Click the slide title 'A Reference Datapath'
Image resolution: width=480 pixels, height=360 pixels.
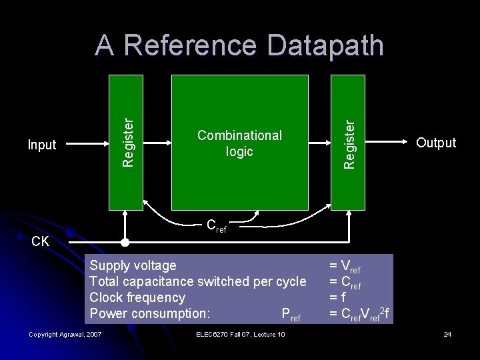[239, 46]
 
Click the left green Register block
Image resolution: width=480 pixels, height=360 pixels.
[126, 142]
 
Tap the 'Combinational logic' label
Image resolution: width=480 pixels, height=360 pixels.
[239, 143]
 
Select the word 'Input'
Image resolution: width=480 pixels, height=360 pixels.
[41, 145]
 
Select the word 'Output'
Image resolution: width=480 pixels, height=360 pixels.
[436, 143]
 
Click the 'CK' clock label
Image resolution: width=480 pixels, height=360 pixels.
[41, 241]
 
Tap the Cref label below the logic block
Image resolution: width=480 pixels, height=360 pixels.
[216, 227]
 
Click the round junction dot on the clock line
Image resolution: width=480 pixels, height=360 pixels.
[125, 241]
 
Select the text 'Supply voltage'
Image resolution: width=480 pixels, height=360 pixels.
[133, 265]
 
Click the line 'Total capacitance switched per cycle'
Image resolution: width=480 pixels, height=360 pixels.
[197, 281]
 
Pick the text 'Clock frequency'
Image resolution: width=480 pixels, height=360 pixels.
[137, 297]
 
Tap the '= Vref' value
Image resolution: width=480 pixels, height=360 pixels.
[345, 267]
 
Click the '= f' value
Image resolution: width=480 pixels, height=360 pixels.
[337, 297]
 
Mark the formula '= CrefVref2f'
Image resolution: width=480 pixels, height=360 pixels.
[359, 313]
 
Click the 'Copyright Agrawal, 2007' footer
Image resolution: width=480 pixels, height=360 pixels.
[65, 334]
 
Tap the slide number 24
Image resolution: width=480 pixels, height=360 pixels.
[447, 334]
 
